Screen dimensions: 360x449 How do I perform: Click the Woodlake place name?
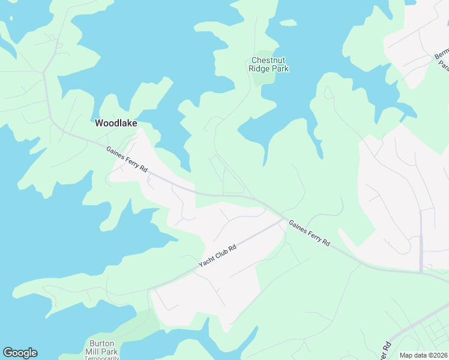click(116, 123)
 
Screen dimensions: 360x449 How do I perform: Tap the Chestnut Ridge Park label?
click(269, 64)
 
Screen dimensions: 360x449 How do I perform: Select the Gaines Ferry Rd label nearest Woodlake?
click(127, 160)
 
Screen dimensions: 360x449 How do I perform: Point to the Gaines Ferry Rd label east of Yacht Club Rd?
click(310, 233)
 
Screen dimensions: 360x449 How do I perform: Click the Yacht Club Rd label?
click(217, 256)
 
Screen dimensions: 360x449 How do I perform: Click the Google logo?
click(20, 353)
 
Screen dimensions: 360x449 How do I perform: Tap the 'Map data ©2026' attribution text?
click(424, 355)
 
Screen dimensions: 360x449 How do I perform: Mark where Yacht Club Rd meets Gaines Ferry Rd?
click(283, 219)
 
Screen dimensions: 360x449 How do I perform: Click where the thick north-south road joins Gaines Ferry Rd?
click(421, 271)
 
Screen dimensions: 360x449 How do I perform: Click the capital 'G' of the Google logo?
click(8, 353)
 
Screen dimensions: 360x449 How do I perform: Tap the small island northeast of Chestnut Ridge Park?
click(289, 23)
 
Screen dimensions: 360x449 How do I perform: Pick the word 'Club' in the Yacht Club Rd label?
click(217, 256)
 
